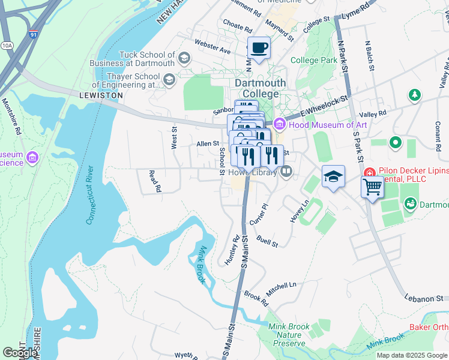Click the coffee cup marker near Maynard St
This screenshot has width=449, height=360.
259,48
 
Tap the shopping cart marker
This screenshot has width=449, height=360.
372,187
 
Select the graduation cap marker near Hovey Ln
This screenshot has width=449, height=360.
333,176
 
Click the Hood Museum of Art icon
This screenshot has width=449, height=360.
279,125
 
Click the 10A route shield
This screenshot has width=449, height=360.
7,45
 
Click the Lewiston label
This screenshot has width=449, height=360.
101,95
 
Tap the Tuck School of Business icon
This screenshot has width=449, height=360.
184,58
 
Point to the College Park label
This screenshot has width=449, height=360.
313,60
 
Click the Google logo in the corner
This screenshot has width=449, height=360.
20,353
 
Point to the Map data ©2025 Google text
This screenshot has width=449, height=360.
411,355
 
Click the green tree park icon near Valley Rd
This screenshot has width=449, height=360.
414,95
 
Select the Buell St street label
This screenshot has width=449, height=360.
267,241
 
